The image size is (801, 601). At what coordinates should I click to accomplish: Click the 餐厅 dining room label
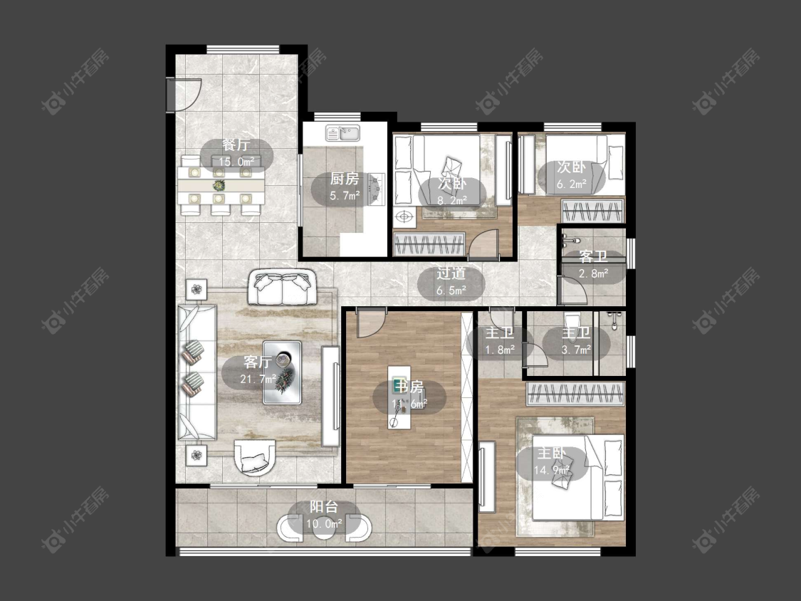pyautogui.click(x=236, y=145)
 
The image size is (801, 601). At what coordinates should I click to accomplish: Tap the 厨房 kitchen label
pyautogui.click(x=345, y=179)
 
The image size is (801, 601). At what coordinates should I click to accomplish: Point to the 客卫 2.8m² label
pyautogui.click(x=593, y=265)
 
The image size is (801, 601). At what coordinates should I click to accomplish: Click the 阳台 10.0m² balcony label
pyautogui.click(x=324, y=515)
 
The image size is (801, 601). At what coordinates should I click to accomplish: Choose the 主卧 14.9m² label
pyautogui.click(x=552, y=461)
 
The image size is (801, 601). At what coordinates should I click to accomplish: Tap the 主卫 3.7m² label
pyautogui.click(x=576, y=341)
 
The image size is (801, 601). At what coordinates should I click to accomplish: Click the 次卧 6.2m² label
pyautogui.click(x=571, y=175)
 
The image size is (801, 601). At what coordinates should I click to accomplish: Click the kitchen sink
pyautogui.click(x=343, y=133)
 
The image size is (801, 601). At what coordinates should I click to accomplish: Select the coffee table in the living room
pyautogui.click(x=282, y=372)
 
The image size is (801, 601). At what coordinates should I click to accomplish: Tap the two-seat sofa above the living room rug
pyautogui.click(x=282, y=287)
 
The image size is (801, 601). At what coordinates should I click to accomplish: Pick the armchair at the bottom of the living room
pyautogui.click(x=255, y=457)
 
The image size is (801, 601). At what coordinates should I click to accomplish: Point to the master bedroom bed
pyautogui.click(x=578, y=477)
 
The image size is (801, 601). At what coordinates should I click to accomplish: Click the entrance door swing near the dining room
pyautogui.click(x=186, y=95)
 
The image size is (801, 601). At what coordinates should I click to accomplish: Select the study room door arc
pyautogui.click(x=372, y=323)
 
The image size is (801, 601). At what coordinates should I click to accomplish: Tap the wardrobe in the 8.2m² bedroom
pyautogui.click(x=429, y=244)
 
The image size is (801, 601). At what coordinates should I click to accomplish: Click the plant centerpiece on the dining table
pyautogui.click(x=219, y=184)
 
